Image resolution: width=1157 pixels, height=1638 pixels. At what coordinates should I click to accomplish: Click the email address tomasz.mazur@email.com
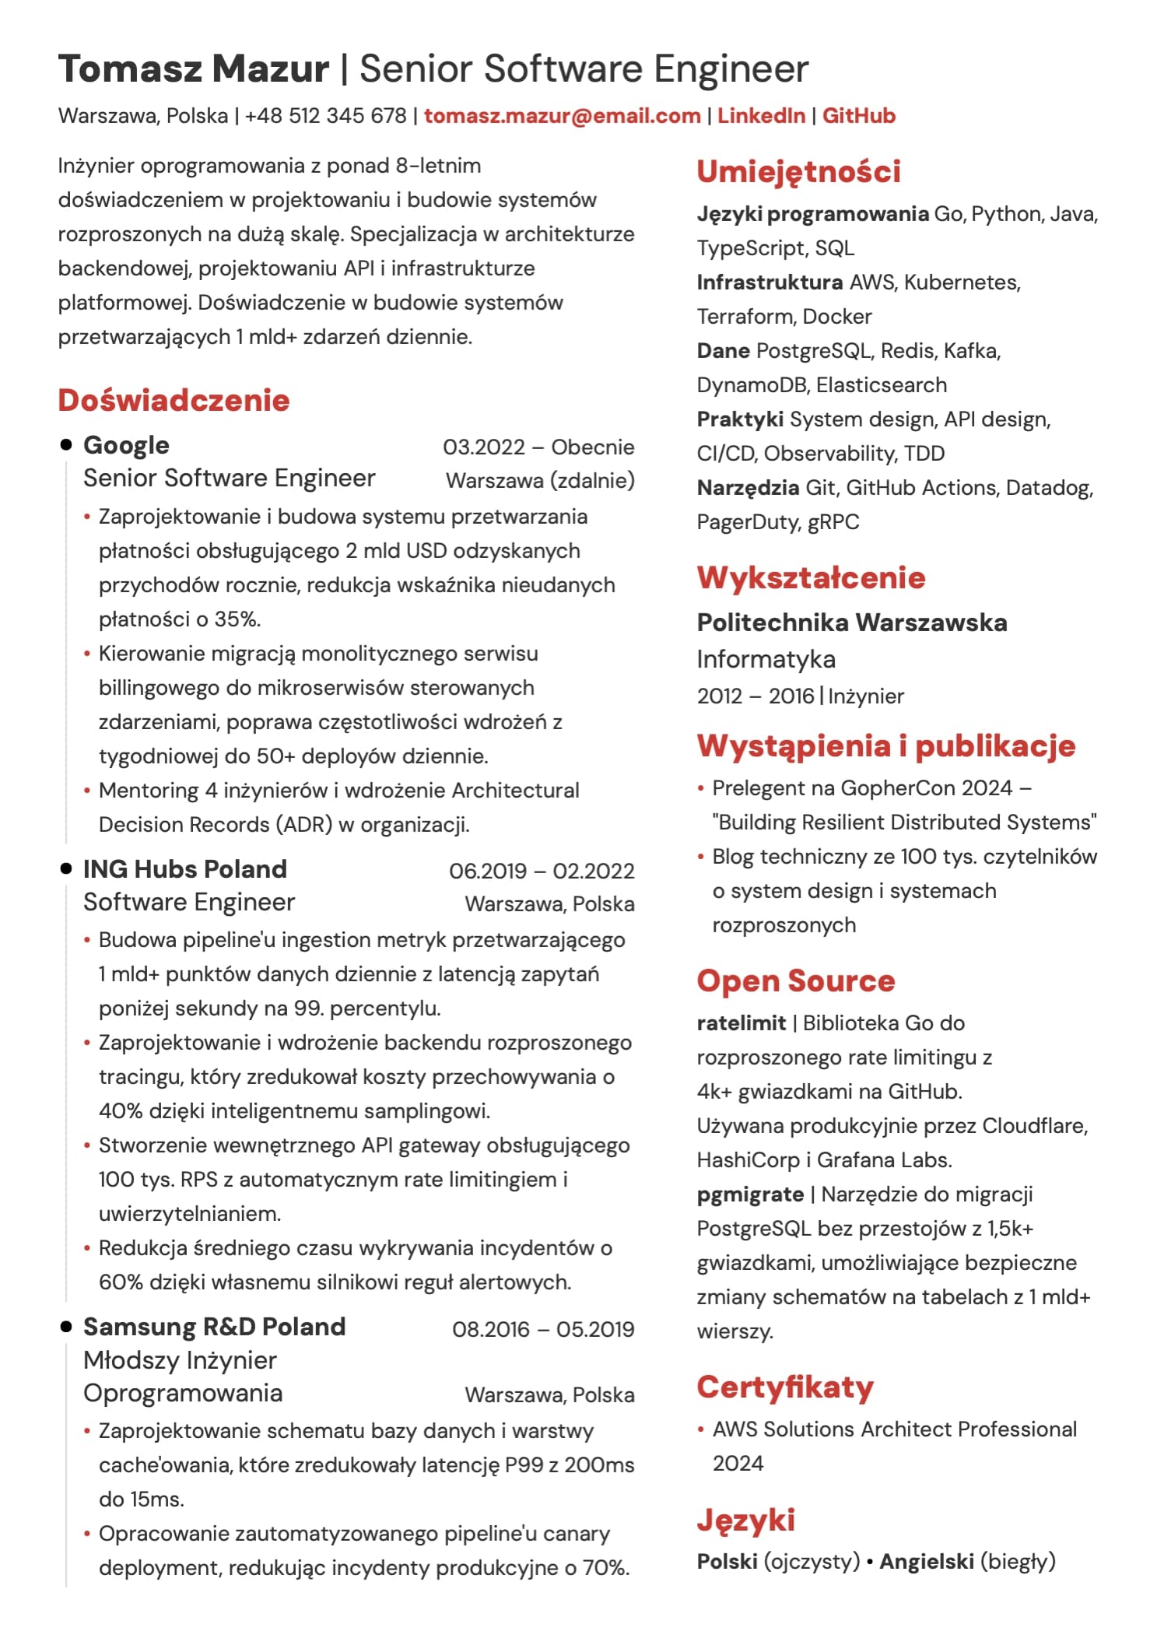pyautogui.click(x=562, y=116)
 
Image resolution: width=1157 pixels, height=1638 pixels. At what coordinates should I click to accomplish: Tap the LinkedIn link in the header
pyautogui.click(x=760, y=116)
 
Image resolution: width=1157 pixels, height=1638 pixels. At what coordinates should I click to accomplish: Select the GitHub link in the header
pyautogui.click(x=858, y=116)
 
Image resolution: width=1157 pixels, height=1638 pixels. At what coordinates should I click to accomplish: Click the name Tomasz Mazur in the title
pyautogui.click(x=193, y=69)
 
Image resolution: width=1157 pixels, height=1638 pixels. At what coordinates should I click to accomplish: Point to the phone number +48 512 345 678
pyautogui.click(x=325, y=116)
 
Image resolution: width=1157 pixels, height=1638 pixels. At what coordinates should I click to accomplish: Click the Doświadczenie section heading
pyautogui.click(x=174, y=400)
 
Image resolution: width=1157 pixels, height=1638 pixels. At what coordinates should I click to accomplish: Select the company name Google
pyautogui.click(x=126, y=445)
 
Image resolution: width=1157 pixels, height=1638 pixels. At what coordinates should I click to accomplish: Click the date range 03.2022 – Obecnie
pyautogui.click(x=538, y=447)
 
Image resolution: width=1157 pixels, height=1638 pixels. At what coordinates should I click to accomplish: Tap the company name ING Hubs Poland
pyautogui.click(x=185, y=869)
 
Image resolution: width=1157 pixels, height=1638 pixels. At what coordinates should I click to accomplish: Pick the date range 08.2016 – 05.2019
pyautogui.click(x=542, y=1329)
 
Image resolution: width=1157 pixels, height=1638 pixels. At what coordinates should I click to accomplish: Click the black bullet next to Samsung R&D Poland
pyautogui.click(x=66, y=1327)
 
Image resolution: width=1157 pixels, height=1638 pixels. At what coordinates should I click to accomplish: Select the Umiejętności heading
pyautogui.click(x=798, y=171)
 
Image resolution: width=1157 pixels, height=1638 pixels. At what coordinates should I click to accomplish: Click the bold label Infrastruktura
pyautogui.click(x=769, y=282)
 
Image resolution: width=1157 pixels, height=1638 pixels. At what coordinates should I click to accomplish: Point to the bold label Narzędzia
pyautogui.click(x=747, y=488)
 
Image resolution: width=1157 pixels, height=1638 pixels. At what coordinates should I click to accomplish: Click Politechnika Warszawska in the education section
pyautogui.click(x=851, y=623)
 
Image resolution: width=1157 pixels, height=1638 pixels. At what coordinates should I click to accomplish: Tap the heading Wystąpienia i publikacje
pyautogui.click(x=885, y=745)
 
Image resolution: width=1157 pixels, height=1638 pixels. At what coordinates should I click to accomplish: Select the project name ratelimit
pyautogui.click(x=741, y=1023)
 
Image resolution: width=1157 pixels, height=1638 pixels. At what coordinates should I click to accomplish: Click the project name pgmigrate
pyautogui.click(x=750, y=1194)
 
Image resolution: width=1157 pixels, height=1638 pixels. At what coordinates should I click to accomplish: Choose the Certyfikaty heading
pyautogui.click(x=784, y=1387)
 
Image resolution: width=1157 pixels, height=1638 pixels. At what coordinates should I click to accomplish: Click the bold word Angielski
pyautogui.click(x=926, y=1561)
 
